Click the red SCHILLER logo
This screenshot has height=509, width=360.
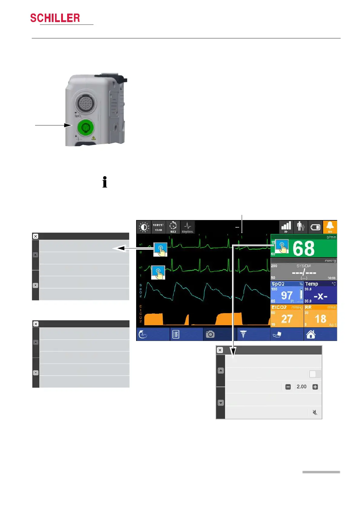point(55,18)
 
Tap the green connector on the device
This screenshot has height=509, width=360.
point(85,128)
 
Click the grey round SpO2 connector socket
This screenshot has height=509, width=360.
point(84,103)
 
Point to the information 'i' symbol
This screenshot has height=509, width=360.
point(105,182)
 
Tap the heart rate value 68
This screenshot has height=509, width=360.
point(304,249)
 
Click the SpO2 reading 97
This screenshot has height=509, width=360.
point(286,295)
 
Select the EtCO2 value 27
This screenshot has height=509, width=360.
point(286,319)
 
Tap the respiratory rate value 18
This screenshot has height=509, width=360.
point(320,319)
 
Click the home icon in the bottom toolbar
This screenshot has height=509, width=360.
point(311,334)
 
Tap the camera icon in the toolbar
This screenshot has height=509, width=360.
point(210,334)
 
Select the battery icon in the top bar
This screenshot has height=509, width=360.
point(315,227)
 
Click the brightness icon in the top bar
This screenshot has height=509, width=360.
point(144,227)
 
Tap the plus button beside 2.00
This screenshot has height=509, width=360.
point(315,387)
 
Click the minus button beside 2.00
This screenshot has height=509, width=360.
point(288,387)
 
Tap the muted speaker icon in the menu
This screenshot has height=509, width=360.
point(315,413)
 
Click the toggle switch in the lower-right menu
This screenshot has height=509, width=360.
point(315,374)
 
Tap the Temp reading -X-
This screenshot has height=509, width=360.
point(320,296)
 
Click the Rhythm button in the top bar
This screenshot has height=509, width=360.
point(188,227)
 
